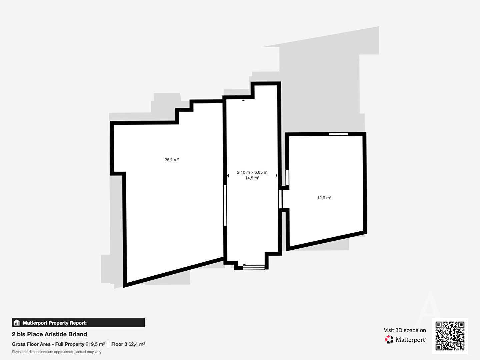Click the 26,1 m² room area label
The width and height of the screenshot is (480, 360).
pyautogui.click(x=172, y=160)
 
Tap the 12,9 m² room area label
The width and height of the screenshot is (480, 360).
pyautogui.click(x=324, y=198)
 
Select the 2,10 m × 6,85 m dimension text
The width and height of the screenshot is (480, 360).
pyautogui.click(x=252, y=172)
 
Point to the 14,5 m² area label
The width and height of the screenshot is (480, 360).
pyautogui.click(x=252, y=178)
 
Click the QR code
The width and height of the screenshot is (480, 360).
pyautogui.click(x=450, y=336)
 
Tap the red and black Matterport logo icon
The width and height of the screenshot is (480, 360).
pyautogui.click(x=389, y=339)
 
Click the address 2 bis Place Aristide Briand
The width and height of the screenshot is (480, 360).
pyautogui.click(x=49, y=334)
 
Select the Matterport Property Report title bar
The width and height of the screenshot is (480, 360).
pyautogui.click(x=78, y=323)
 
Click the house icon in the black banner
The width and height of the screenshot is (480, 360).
pyautogui.click(x=17, y=323)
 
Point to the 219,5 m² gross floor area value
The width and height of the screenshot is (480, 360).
pyautogui.click(x=95, y=344)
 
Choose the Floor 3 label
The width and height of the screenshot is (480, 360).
pyautogui.click(x=119, y=344)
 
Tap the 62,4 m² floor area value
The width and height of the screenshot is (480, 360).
pyautogui.click(x=137, y=344)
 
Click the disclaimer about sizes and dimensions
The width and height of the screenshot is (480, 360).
pyautogui.click(x=57, y=352)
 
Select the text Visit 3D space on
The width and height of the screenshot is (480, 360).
pyautogui.click(x=405, y=330)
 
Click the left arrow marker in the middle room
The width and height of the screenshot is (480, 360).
pyautogui.click(x=228, y=176)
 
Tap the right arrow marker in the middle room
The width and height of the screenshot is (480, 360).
pyautogui.click(x=277, y=175)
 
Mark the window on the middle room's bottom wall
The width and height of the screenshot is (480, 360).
pyautogui.click(x=254, y=267)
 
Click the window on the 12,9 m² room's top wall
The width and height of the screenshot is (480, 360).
pyautogui.click(x=338, y=134)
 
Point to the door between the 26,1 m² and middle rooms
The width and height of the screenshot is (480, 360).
pyautogui.click(x=225, y=205)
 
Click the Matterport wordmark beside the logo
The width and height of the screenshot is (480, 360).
pyautogui.click(x=411, y=340)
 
